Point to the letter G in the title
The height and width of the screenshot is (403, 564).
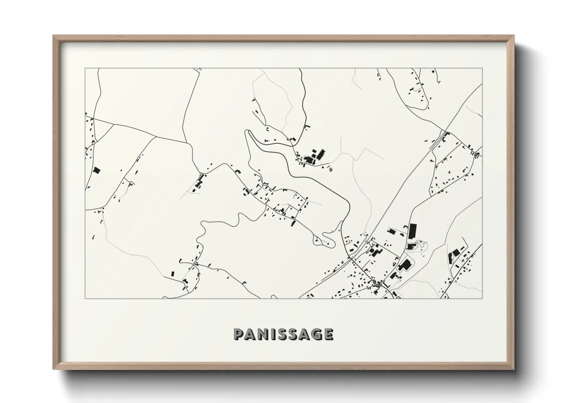[x=315, y=334]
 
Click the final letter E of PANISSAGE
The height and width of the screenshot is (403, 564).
[x=328, y=334]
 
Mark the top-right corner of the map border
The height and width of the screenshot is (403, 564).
[x=482, y=69]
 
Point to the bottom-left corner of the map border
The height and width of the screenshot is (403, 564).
[x=85, y=298]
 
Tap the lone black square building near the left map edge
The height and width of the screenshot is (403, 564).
[x=96, y=171]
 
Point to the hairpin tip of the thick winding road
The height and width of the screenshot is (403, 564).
[x=248, y=132]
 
